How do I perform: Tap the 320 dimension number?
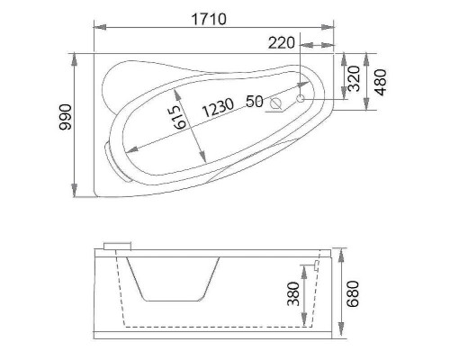[x=355, y=80]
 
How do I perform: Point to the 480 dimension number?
[x=382, y=82]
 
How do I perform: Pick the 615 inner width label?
[x=180, y=116]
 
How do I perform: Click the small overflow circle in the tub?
[x=301, y=94]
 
